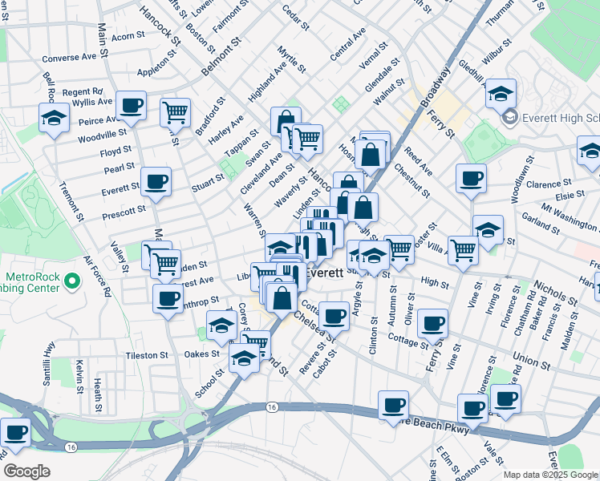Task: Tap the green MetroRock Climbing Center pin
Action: click(71, 281)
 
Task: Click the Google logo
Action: click(26, 471)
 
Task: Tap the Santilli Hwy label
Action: click(51, 360)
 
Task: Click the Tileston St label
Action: click(146, 354)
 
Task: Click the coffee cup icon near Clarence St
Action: click(471, 177)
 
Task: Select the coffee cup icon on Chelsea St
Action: click(333, 313)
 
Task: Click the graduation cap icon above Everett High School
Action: click(501, 94)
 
